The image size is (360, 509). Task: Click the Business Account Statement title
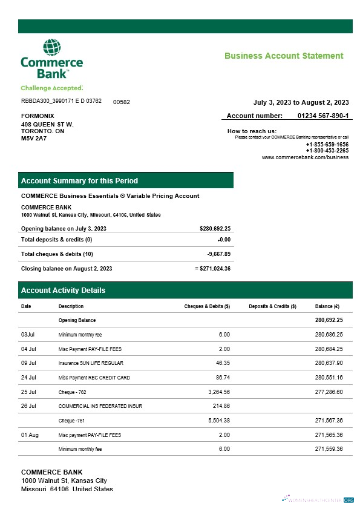tap(284, 56)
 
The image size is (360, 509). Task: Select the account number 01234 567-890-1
tap(323, 116)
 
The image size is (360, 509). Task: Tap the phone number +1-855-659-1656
tap(327, 145)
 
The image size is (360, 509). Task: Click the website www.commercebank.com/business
tap(305, 157)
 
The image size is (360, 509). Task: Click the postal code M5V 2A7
tap(34, 138)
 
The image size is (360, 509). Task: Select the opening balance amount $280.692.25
tap(215, 228)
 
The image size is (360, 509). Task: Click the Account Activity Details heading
tap(63, 291)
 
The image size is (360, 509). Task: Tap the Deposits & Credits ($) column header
tap(272, 306)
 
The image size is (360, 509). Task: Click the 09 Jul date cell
tap(29, 363)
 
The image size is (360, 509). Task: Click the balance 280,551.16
tap(329, 378)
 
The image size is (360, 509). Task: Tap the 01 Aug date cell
tap(30, 435)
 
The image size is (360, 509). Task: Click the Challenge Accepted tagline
tap(51, 88)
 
